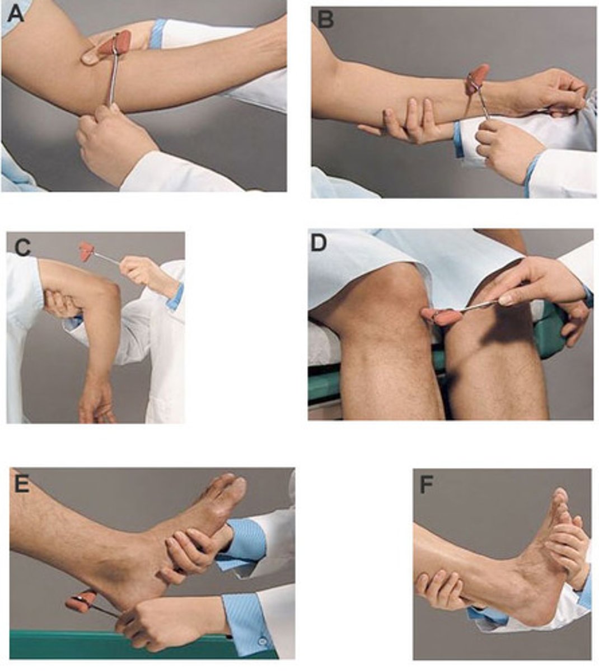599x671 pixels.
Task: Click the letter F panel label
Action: click(427, 485)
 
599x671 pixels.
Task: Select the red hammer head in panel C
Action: click(87, 251)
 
